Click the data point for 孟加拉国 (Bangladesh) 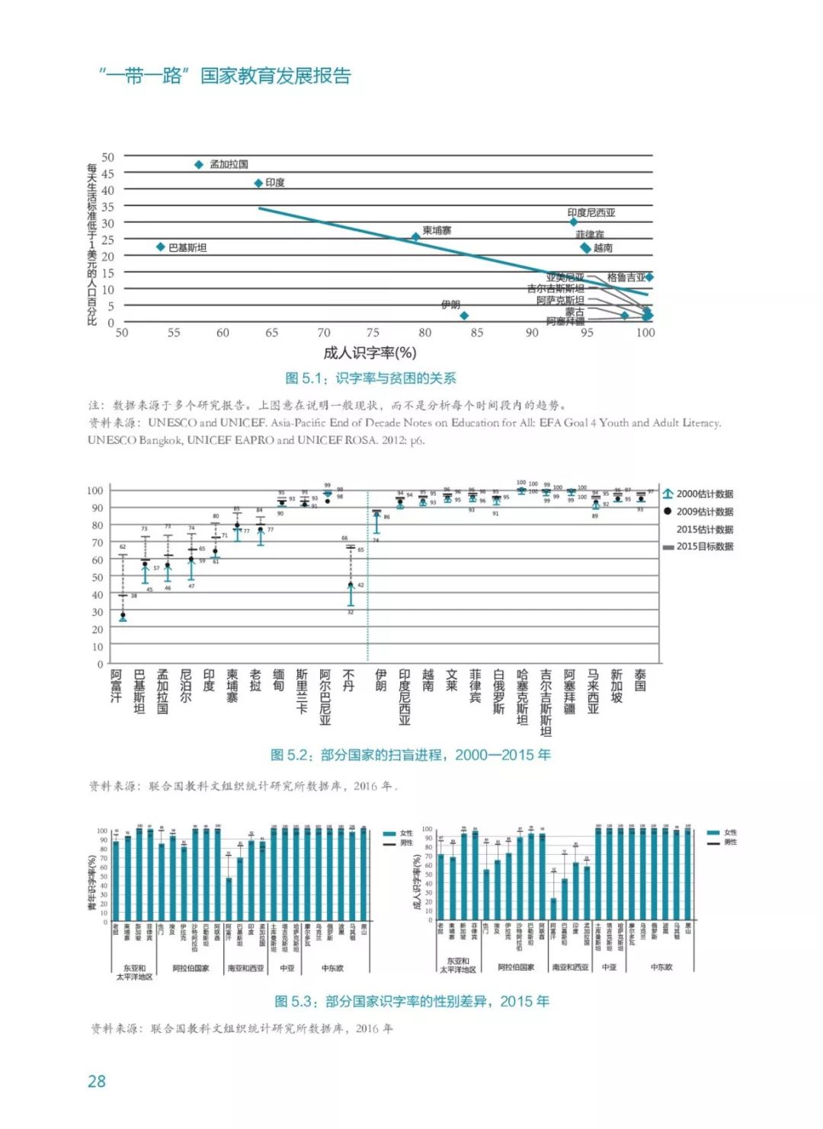[x=199, y=164]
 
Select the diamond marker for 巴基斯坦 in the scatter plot [x=161, y=247]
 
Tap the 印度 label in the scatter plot [x=275, y=183]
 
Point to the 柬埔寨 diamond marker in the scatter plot [x=415, y=238]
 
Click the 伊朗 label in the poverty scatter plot [x=450, y=305]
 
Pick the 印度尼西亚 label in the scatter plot [x=591, y=213]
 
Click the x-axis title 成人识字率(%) [x=370, y=352]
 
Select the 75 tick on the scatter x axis [x=373, y=333]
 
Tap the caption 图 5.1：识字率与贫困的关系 [x=370, y=378]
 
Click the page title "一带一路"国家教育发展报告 [x=225, y=76]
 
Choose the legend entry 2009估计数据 [x=704, y=512]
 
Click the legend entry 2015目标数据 [x=704, y=547]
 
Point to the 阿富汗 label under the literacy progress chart [x=116, y=686]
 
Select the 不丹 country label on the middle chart [x=349, y=681]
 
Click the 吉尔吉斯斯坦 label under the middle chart [x=546, y=703]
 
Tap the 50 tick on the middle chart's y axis [x=97, y=577]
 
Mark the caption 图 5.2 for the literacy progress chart [x=411, y=755]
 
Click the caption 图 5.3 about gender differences [x=411, y=1002]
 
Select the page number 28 [x=97, y=1082]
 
